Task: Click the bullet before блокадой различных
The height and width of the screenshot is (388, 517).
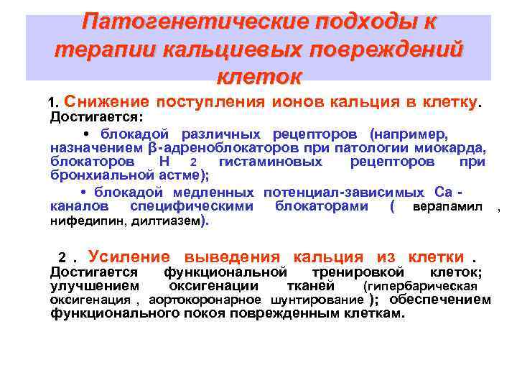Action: pyautogui.click(x=86, y=134)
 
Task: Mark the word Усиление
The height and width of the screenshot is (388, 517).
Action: pyautogui.click(x=129, y=257)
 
